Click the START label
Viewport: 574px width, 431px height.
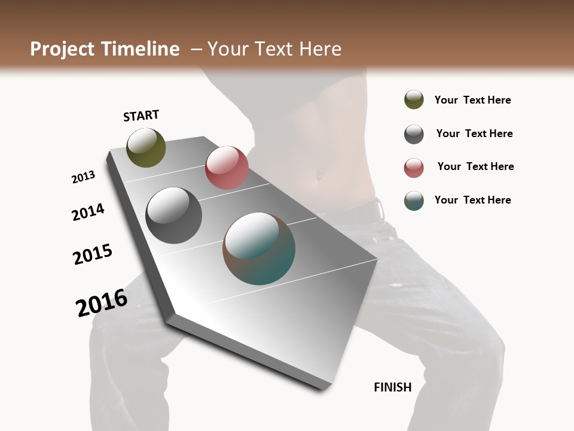coord(141,116)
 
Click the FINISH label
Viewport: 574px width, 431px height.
coord(393,387)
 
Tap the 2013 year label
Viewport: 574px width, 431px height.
coord(83,177)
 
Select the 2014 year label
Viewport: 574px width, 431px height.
coord(88,213)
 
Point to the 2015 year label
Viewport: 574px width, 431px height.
coord(93,254)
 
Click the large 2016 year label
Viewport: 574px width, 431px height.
coord(102,303)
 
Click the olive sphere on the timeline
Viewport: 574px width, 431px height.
coord(146,147)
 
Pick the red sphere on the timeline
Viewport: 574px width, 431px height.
coord(227,168)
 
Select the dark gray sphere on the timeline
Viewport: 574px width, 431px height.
coord(173,215)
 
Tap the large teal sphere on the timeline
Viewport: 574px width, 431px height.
coord(259,248)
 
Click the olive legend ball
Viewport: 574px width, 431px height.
coord(414,100)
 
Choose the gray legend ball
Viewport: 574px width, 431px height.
coord(414,134)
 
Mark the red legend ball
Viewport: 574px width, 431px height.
coord(414,168)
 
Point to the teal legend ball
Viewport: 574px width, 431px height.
coord(414,201)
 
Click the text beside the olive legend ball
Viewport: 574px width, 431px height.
coord(472,101)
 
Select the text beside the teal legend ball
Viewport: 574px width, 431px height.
coord(472,200)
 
